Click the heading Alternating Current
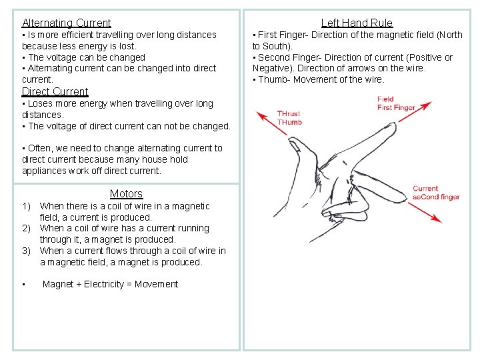click(x=66, y=23)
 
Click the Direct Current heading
click(x=55, y=91)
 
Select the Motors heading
click(x=126, y=193)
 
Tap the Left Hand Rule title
click(x=357, y=23)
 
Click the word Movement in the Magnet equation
click(x=156, y=285)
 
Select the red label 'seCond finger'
click(x=436, y=197)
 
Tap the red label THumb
click(x=289, y=122)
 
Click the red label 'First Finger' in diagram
click(x=396, y=108)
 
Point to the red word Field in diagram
click(x=385, y=99)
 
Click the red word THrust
click(x=289, y=114)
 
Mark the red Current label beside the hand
click(x=425, y=189)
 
